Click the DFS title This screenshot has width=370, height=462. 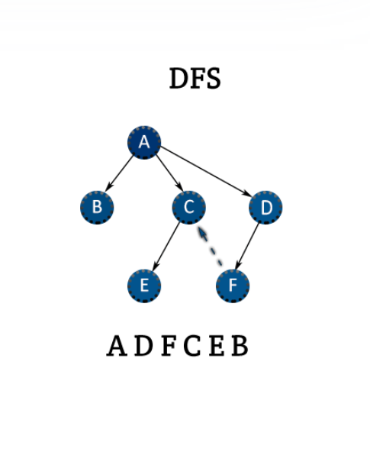pyautogui.click(x=195, y=79)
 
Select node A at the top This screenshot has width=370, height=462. pyautogui.click(x=144, y=143)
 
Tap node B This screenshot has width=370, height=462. pyautogui.click(x=97, y=208)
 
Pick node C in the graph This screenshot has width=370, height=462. pyautogui.click(x=188, y=208)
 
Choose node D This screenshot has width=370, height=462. pyautogui.click(x=265, y=208)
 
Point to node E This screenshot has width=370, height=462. pyautogui.click(x=144, y=286)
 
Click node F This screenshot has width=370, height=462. pyautogui.click(x=233, y=286)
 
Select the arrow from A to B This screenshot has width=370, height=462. pyautogui.click(x=120, y=173)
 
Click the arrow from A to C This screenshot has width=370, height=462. pyautogui.click(x=169, y=173)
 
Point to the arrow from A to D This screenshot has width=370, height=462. pyautogui.click(x=206, y=172)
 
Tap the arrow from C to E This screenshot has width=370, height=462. pyautogui.click(x=166, y=247)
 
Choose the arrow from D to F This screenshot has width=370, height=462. pyautogui.click(x=247, y=247)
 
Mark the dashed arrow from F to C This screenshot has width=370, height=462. pyautogui.click(x=210, y=246)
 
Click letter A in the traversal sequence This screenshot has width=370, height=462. pyautogui.click(x=117, y=346)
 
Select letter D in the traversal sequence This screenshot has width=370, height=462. pyautogui.click(x=143, y=346)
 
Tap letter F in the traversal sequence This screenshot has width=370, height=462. pyautogui.click(x=169, y=346)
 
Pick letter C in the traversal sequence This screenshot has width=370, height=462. pyautogui.click(x=192, y=346)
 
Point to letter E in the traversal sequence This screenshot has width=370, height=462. pyautogui.click(x=217, y=346)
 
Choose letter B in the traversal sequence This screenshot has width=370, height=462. pyautogui.click(x=240, y=346)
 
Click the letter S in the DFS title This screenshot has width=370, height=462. pyautogui.click(x=214, y=79)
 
